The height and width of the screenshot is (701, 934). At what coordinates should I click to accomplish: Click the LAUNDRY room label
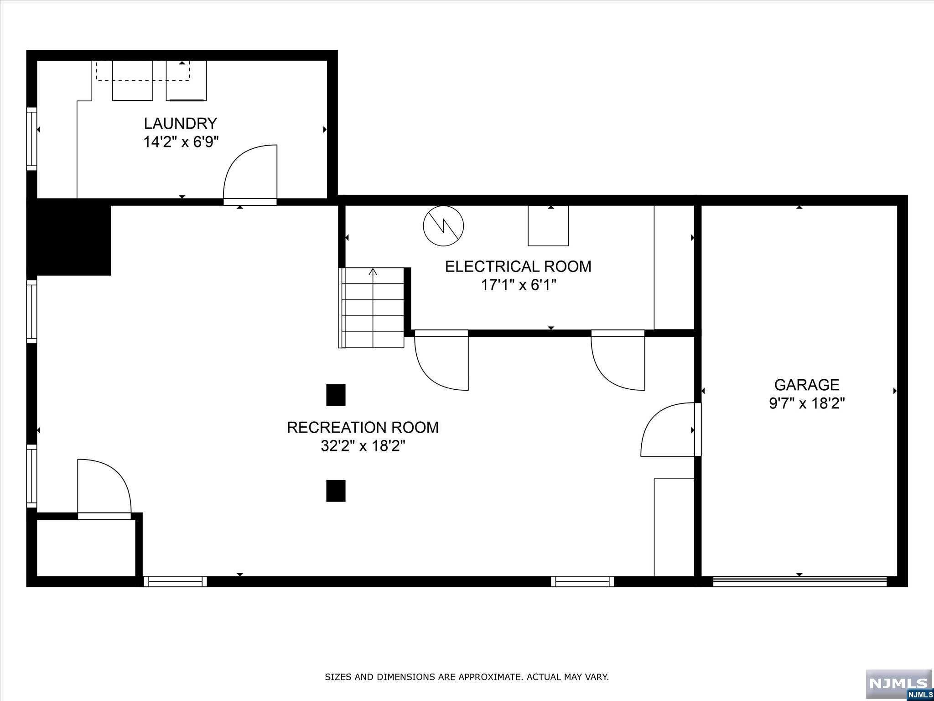coord(181,123)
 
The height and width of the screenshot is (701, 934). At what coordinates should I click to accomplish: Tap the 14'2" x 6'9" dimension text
coord(181,142)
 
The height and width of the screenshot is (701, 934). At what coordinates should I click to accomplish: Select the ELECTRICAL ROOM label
coord(518,267)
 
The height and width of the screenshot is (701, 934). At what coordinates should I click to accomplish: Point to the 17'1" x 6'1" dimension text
coord(519,285)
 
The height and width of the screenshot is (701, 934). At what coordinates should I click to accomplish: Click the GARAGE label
coord(807,385)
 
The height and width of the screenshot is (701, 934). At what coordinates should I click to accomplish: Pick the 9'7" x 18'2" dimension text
coord(807,404)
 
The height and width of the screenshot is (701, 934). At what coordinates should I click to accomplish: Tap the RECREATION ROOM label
coord(363,428)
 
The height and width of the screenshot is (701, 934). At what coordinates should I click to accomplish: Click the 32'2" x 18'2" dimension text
coord(363,446)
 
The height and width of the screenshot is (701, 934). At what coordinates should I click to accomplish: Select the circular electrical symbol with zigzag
coord(443,226)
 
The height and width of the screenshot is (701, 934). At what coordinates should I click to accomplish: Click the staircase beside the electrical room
coord(372,308)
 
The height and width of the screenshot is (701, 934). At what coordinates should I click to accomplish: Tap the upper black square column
coord(336,395)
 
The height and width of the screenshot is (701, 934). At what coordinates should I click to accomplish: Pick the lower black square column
coord(336,491)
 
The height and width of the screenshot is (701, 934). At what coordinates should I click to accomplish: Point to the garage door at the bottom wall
coord(799,581)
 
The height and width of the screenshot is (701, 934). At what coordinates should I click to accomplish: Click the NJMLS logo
coord(898,684)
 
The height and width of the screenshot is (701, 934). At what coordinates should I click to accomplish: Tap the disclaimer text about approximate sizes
coord(467,677)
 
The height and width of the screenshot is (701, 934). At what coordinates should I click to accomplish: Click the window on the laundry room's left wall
coord(31,139)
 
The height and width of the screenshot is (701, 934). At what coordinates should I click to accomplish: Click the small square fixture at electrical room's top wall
coord(548,226)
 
